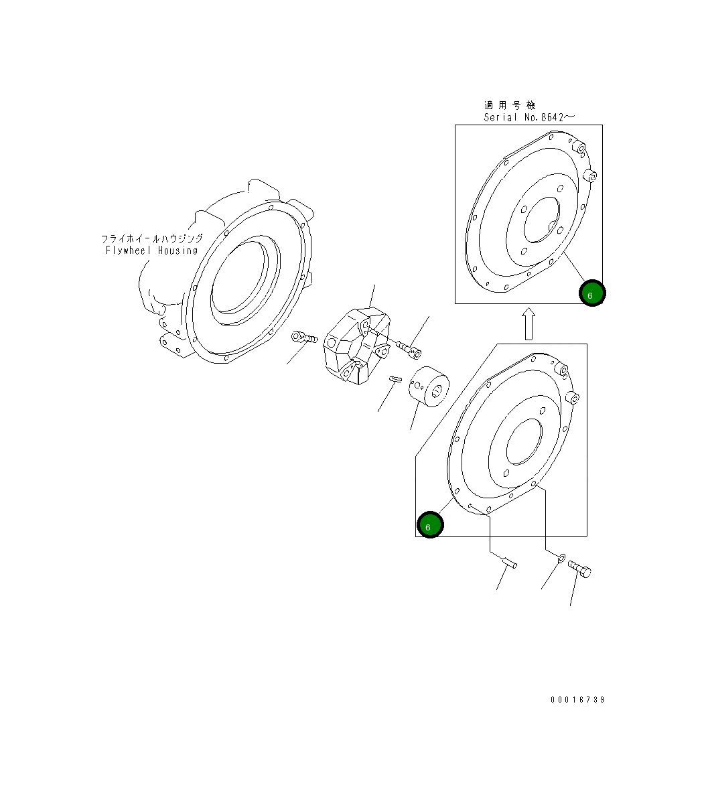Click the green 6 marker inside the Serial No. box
coord(592,293)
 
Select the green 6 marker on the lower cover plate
coord(429,525)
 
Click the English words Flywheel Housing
coord(152,250)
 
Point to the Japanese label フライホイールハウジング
coord(152,238)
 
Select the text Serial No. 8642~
coord(529,117)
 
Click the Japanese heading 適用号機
coord(510,105)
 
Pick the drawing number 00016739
coord(577,700)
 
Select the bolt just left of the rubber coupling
coord(303,337)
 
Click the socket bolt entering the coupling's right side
coord(409,348)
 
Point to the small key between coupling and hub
coord(395,380)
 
